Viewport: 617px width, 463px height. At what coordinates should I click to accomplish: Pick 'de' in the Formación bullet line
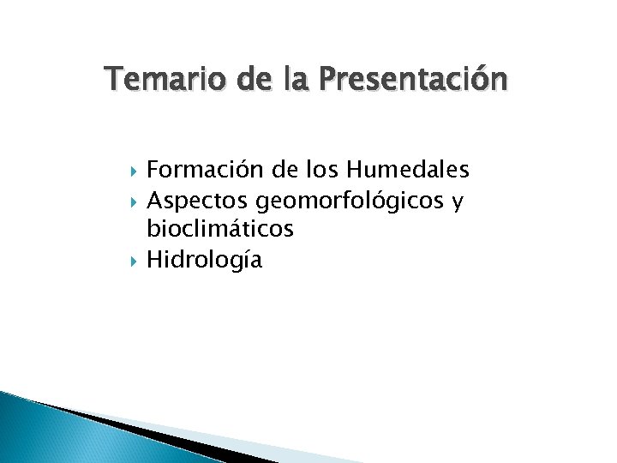269,171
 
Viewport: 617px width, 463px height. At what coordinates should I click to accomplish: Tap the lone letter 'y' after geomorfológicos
459,202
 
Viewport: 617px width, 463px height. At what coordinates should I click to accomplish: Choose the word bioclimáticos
220,230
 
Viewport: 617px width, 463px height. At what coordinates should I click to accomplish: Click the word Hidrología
204,260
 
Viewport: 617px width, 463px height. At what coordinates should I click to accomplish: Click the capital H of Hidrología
155,259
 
